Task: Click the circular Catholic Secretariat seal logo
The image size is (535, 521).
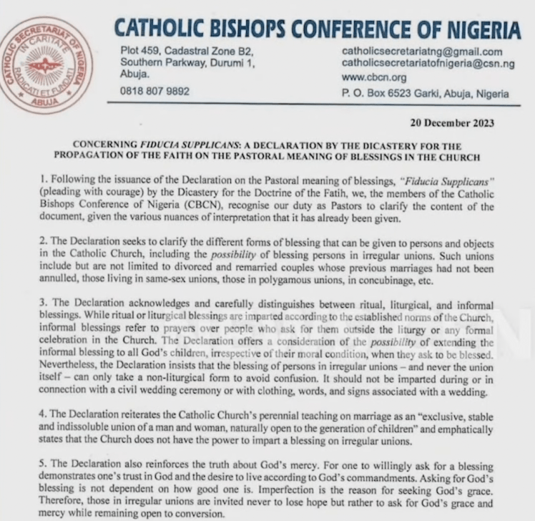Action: pos(47,65)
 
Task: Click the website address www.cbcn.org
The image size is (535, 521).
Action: pos(373,77)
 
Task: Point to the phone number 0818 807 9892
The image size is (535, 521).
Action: pos(154,92)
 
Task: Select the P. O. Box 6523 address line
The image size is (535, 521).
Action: pos(425,93)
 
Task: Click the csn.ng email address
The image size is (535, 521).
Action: pos(428,64)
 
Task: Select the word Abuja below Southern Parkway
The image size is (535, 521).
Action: pos(134,74)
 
